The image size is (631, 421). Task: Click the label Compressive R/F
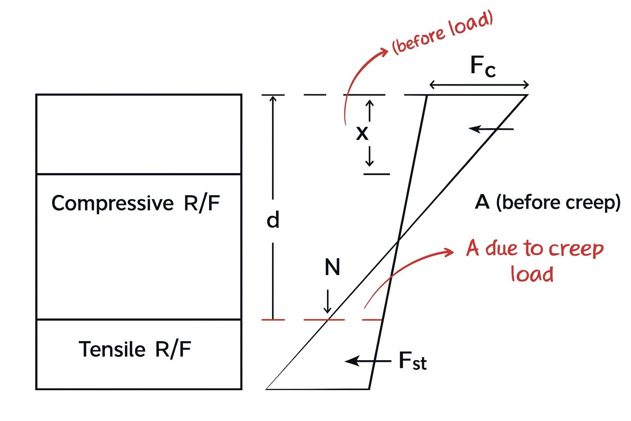click(136, 203)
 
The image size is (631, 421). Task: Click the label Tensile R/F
click(135, 349)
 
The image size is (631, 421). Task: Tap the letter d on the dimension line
click(273, 220)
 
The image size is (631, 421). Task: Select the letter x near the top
click(362, 133)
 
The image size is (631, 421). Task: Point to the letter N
click(332, 267)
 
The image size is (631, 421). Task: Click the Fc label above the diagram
click(482, 66)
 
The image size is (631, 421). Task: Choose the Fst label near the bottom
click(412, 361)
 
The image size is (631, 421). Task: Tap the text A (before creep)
click(547, 202)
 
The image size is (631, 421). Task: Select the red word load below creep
click(532, 274)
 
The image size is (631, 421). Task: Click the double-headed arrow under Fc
click(479, 85)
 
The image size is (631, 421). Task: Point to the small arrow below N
click(328, 302)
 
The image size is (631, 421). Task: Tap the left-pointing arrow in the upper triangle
click(491, 129)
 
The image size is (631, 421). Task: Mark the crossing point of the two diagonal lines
click(398, 241)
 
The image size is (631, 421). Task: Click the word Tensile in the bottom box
click(112, 349)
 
